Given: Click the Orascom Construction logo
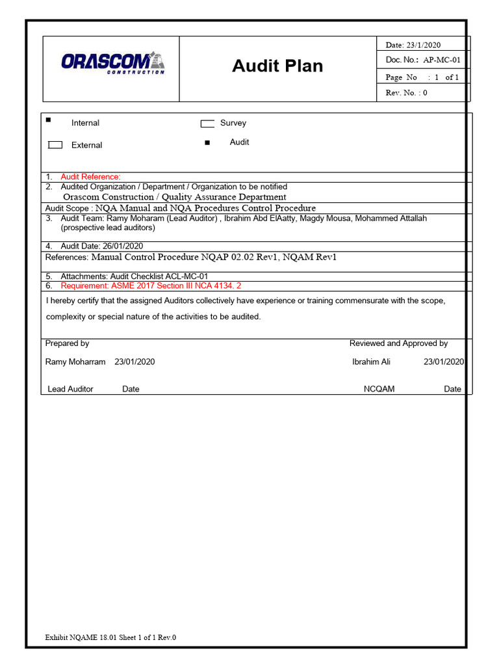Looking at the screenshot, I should point(112,63).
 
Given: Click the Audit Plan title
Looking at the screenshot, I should point(277,66).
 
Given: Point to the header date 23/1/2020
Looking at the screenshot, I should point(423,45).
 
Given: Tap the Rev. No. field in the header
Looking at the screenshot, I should point(406,92).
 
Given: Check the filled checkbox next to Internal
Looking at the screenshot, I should point(49,120).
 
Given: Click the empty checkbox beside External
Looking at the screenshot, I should point(55,145).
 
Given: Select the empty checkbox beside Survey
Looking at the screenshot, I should point(207,124).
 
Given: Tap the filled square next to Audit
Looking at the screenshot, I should point(207,143).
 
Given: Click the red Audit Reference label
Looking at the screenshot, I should point(90,177).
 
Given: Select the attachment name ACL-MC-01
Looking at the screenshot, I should point(185,276).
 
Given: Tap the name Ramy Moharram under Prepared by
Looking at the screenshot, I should point(75,362).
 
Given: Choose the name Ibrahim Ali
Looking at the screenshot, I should point(371,362).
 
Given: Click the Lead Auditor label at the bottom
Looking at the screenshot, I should point(70,389).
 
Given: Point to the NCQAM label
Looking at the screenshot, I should point(379,389).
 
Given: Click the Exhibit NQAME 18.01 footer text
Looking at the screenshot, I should point(110,637).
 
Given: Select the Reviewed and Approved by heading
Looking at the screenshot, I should point(398,343).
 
